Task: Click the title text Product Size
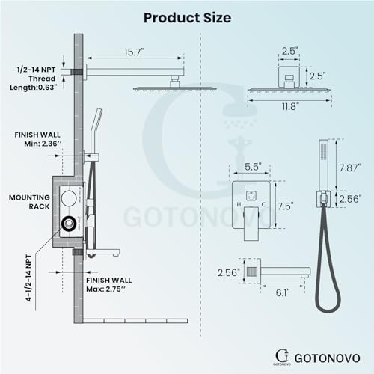pyautogui.click(x=186, y=17)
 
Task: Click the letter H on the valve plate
pyautogui.click(x=238, y=203)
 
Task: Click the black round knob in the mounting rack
pyautogui.click(x=70, y=222)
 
